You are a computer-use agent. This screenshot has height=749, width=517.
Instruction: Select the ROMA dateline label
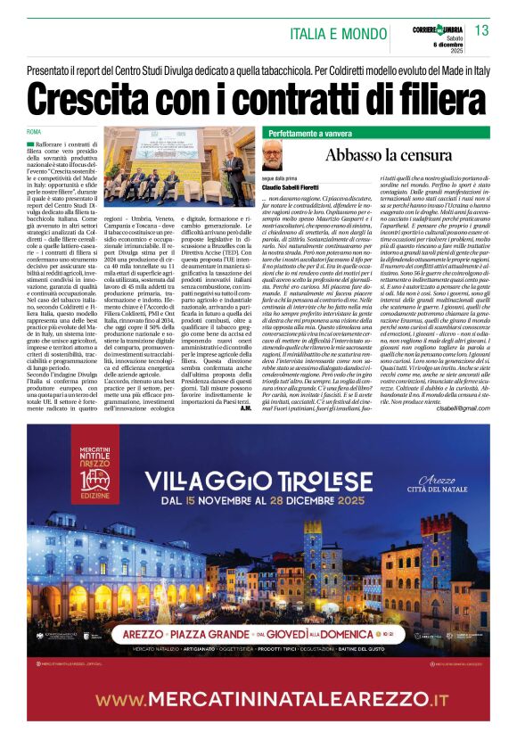pos(35,132)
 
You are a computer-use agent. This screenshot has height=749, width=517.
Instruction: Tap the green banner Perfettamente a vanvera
pos(310,133)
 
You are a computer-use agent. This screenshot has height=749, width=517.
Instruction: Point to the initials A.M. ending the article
pos(248,407)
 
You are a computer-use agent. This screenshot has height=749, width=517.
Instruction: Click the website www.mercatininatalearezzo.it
pos(258,699)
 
